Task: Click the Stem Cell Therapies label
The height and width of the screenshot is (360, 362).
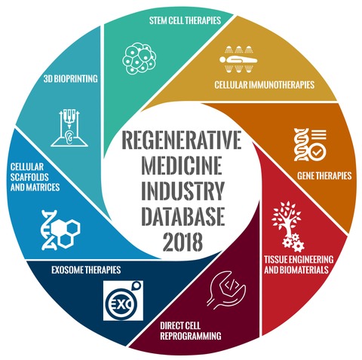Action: tap(185, 20)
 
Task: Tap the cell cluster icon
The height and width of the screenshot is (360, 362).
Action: tap(140, 58)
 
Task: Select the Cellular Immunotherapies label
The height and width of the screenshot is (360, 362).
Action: tap(264, 84)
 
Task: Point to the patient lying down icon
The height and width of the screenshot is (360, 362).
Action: tap(238, 60)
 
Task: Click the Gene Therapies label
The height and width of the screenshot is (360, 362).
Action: tap(324, 175)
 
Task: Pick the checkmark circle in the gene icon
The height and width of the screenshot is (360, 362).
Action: tap(317, 151)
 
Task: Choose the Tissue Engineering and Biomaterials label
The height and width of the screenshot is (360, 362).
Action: tap(299, 264)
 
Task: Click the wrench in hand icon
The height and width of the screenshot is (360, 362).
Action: tap(225, 291)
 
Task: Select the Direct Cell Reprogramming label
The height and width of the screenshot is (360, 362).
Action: tap(191, 331)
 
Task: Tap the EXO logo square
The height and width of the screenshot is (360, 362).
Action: tap(123, 301)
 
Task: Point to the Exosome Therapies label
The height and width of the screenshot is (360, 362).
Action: tap(86, 270)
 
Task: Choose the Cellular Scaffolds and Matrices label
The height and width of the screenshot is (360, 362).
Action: tap(35, 177)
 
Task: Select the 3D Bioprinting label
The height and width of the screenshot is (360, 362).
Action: tap(71, 79)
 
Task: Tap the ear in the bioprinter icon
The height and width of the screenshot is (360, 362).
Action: tap(69, 136)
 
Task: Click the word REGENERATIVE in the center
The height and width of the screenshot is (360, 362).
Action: tap(181, 139)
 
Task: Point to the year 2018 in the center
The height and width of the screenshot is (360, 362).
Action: tap(183, 242)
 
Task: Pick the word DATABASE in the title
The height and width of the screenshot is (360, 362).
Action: tap(183, 216)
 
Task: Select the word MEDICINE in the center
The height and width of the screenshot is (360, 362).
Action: tap(182, 165)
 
